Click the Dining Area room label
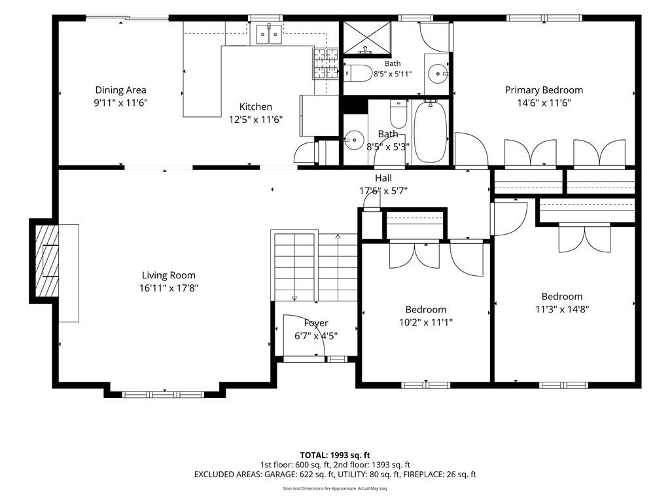pos(120,90)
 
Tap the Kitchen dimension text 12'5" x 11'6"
pos(256,120)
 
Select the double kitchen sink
pos(269,34)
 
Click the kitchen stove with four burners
pos(326,64)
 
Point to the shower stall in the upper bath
pos(368,39)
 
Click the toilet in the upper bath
pos(359,73)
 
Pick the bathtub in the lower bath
pos(431,131)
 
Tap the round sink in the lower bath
pos(354,140)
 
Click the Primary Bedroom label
pos(544,90)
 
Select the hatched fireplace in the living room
pos(46,261)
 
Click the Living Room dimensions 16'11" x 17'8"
pos(169,288)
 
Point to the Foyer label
pos(316,323)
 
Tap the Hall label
pos(383,178)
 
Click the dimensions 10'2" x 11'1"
pos(426,322)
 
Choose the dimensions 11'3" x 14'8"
pos(562,309)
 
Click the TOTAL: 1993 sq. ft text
pos(335,455)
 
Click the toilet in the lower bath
pos(398,114)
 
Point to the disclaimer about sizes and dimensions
pos(335,488)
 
